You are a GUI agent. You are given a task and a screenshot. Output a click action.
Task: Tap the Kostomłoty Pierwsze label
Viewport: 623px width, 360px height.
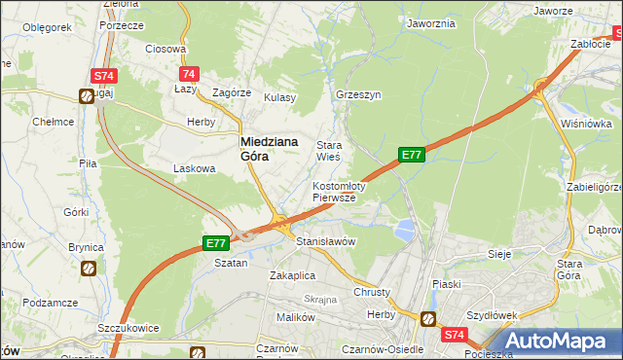338,191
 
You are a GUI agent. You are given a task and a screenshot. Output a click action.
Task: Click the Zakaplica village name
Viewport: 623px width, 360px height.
293,274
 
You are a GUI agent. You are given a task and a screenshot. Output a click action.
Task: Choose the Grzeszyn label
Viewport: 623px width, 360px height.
357,96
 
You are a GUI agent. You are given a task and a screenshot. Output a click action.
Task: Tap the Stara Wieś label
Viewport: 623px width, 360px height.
327,150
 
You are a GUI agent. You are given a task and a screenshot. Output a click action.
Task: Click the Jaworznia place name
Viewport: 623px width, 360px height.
431,23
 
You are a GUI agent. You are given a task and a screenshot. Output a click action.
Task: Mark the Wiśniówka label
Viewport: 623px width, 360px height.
586,124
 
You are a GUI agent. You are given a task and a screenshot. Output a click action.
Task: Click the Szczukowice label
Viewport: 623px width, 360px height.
128,328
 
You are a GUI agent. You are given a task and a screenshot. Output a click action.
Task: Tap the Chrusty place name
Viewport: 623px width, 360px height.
373,292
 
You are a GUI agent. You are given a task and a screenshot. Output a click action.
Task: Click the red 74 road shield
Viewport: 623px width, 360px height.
189,74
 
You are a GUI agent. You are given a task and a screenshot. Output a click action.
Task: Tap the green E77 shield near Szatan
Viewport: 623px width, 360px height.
216,243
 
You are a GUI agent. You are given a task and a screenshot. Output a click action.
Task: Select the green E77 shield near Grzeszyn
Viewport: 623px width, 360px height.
411,154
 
